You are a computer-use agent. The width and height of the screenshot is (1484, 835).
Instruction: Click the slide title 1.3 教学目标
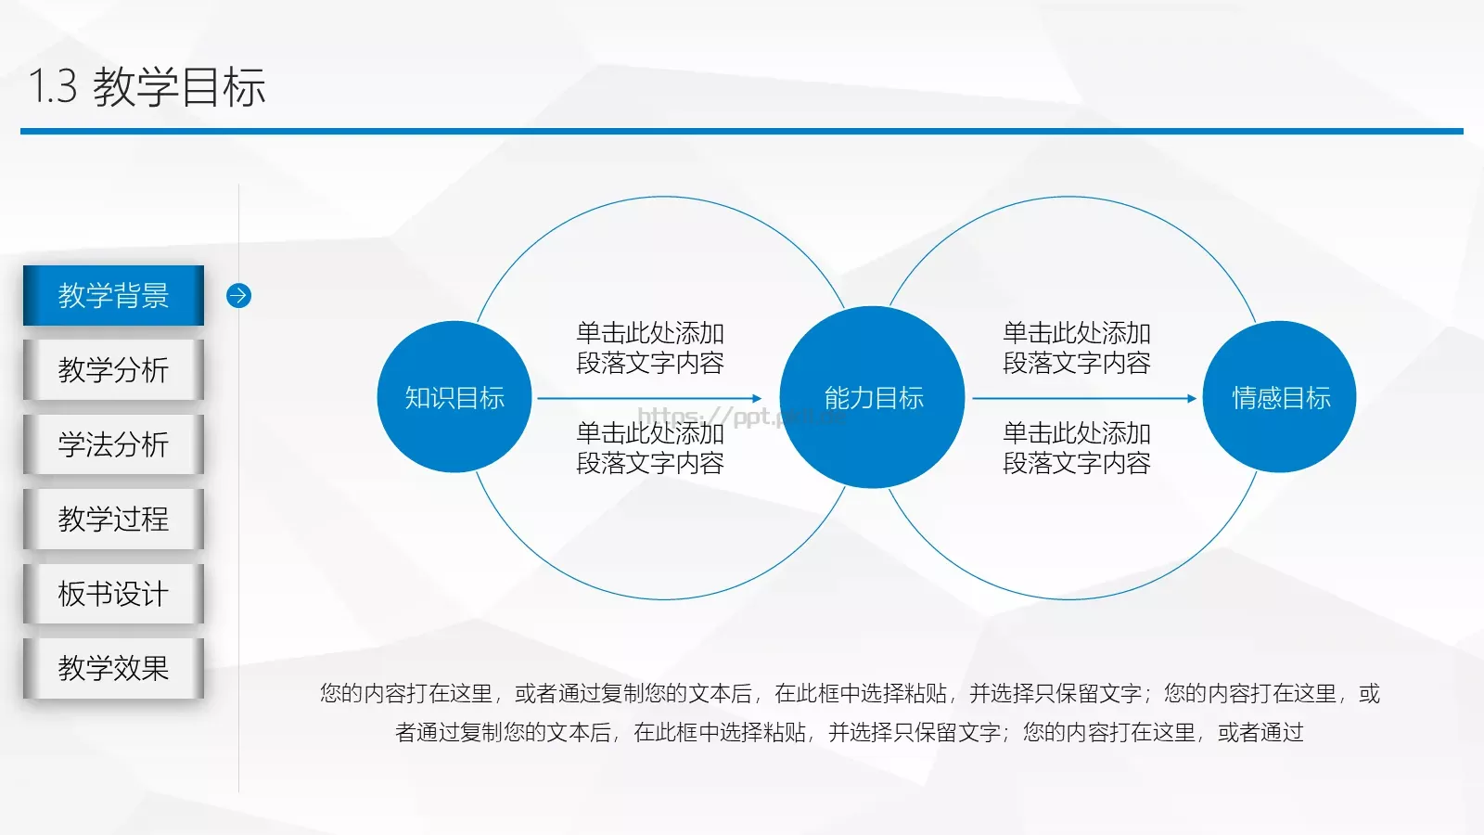(147, 86)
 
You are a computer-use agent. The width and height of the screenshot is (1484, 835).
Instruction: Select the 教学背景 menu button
(113, 295)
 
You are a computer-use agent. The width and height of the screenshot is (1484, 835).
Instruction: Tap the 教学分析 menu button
(113, 369)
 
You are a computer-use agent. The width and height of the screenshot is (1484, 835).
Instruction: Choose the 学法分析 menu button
(113, 444)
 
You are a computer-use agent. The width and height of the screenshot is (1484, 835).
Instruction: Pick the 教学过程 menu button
(113, 519)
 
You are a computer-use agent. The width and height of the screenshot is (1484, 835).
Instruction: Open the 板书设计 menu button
(113, 594)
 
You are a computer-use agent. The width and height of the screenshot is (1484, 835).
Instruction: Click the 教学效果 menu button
(113, 668)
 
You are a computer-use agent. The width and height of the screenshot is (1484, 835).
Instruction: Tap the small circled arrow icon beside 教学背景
(238, 295)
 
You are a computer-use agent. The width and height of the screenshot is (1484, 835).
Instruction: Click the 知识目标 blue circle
(454, 397)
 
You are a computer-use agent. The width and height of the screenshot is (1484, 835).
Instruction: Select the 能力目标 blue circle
(873, 397)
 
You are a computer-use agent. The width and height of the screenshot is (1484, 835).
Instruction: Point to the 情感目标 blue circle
(1280, 397)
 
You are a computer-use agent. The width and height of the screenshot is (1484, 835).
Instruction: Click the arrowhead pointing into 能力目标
(757, 398)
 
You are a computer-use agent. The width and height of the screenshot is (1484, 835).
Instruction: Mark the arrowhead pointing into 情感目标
(1192, 398)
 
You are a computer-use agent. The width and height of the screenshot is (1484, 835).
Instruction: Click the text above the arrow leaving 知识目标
(649, 348)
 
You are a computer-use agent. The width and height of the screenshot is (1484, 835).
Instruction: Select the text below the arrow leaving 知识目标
(649, 448)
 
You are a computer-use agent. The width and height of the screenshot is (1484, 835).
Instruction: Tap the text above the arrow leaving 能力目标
(1076, 348)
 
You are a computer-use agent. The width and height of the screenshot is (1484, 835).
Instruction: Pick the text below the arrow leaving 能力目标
(1076, 448)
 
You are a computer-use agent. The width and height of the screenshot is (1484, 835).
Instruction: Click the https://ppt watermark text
(733, 416)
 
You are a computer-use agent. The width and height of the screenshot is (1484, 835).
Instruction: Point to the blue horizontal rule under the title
(742, 131)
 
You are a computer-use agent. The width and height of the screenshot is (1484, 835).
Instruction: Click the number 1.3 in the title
(53, 86)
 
